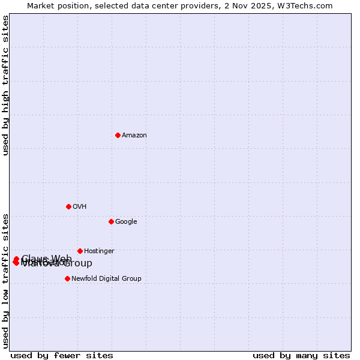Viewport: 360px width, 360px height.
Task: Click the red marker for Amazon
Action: pyautogui.click(x=118, y=135)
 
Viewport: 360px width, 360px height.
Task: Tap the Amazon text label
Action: pyautogui.click(x=134, y=136)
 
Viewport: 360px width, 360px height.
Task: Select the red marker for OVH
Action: pyautogui.click(x=68, y=206)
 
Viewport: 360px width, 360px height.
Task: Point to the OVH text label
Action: pyautogui.click(x=80, y=207)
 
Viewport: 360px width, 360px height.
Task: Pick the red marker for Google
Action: pyautogui.click(x=111, y=221)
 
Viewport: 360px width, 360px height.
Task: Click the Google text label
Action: pyautogui.click(x=126, y=222)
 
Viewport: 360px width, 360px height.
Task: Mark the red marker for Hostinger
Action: pyautogui.click(x=80, y=251)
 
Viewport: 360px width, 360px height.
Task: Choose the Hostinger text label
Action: pyautogui.click(x=99, y=251)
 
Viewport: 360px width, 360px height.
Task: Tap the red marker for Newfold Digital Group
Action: pyautogui.click(x=67, y=278)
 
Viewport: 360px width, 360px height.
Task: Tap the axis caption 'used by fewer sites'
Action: pyautogui.click(x=62, y=355)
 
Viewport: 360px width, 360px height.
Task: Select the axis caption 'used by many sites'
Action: pyautogui.click(x=301, y=355)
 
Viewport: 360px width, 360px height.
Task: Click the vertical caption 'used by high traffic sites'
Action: pyautogui.click(x=6, y=85)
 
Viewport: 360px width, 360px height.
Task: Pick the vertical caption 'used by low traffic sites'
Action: pyautogui.click(x=6, y=280)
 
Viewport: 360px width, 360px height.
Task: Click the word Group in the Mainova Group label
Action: pyautogui.click(x=79, y=263)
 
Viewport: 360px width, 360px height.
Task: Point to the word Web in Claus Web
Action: pyautogui.click(x=62, y=259)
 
